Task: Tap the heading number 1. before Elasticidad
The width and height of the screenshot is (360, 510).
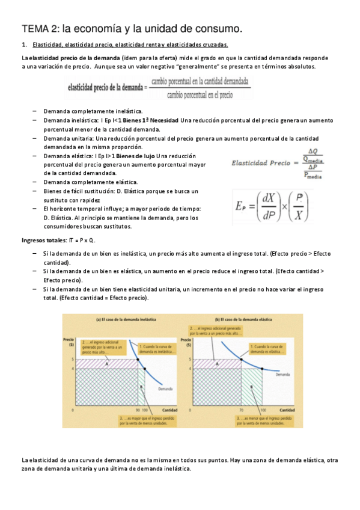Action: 24,46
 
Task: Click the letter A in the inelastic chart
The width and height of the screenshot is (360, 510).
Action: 106,364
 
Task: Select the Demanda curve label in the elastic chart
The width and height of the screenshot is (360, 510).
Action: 283,375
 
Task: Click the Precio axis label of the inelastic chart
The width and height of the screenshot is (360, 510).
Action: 69,339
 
